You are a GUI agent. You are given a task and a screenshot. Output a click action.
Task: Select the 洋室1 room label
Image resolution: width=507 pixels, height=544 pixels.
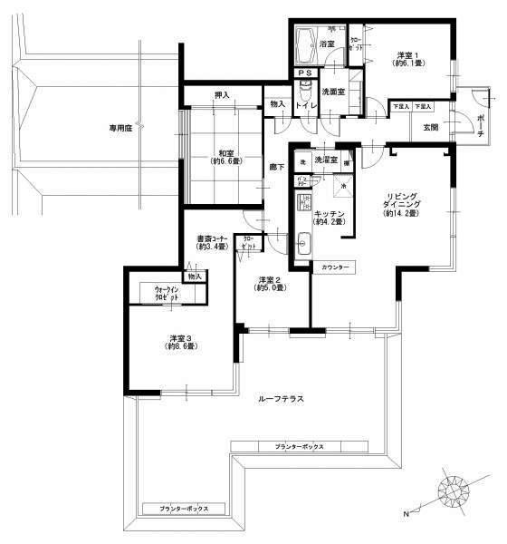[407, 58]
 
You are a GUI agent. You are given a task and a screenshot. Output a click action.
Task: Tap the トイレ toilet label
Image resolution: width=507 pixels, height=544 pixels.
[305, 105]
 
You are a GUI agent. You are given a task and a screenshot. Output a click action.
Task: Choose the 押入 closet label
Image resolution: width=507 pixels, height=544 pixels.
[223, 93]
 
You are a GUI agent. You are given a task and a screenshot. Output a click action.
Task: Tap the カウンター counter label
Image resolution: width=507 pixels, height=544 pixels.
[334, 267]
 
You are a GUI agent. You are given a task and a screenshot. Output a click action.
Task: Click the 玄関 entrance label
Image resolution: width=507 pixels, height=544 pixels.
[431, 128]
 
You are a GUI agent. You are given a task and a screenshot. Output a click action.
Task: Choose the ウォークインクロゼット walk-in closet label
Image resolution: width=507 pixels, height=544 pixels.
[166, 294]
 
